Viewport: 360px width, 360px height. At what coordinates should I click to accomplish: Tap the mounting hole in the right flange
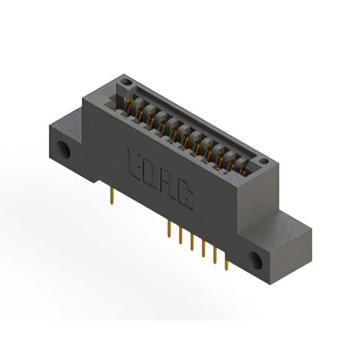coord(256,259)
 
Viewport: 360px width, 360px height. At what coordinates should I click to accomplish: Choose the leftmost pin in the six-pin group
coord(169,230)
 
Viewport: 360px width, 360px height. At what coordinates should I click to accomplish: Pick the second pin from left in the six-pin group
coord(180,236)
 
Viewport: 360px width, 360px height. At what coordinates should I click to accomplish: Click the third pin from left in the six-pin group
coord(192,243)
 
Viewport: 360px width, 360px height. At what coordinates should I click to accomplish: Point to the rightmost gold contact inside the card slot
coord(243,166)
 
